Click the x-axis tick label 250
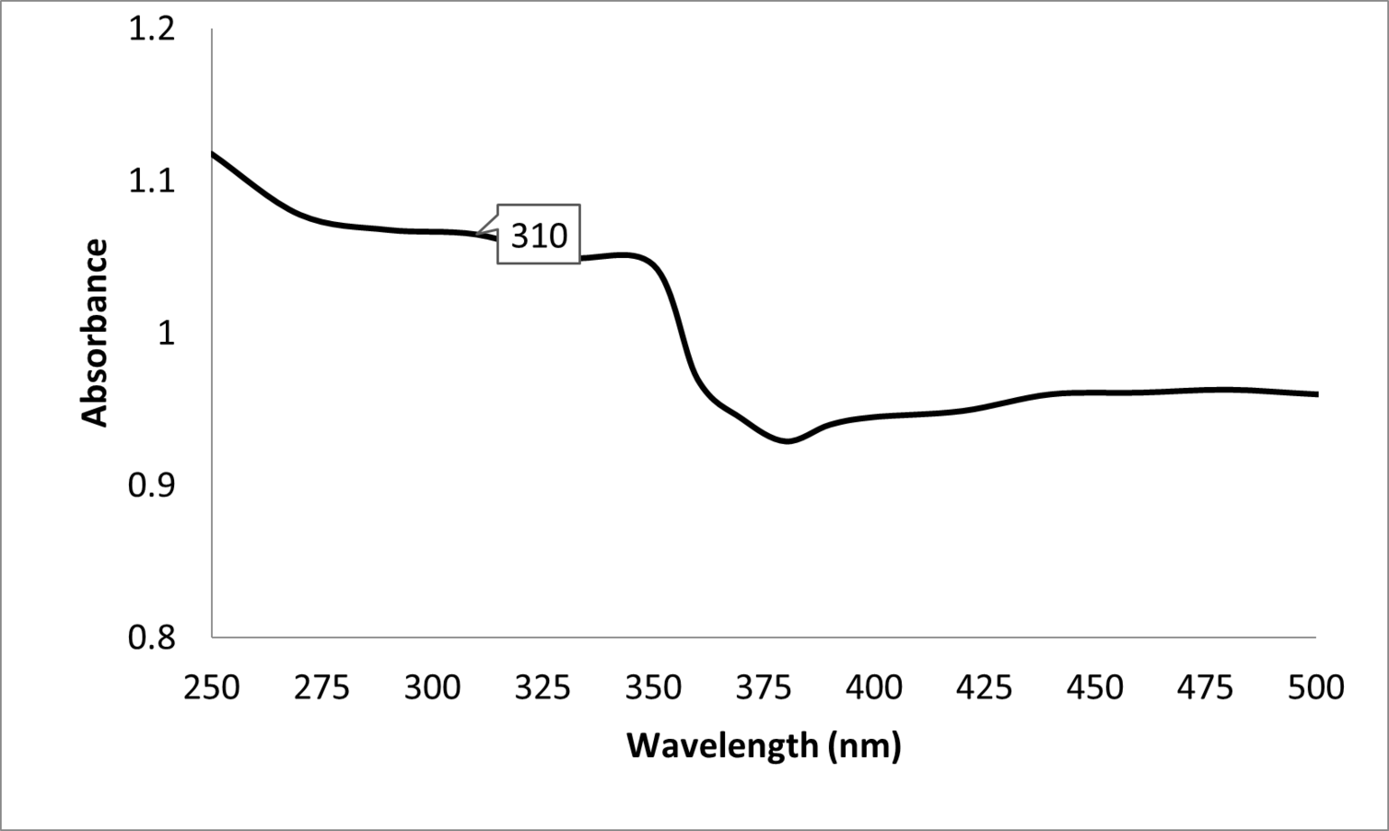click(x=212, y=687)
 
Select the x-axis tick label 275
click(x=322, y=687)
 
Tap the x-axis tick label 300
click(x=433, y=687)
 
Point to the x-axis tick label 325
click(x=543, y=687)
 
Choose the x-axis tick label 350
click(x=654, y=687)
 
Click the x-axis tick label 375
click(x=765, y=687)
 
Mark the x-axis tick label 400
click(x=875, y=687)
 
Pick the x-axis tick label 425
click(x=986, y=687)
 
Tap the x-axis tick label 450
click(x=1096, y=687)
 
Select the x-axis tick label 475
click(x=1207, y=687)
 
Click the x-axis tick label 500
click(x=1316, y=687)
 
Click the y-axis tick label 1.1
click(x=151, y=181)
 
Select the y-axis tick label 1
click(x=166, y=334)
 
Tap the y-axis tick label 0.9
click(x=151, y=485)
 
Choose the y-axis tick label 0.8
click(x=151, y=637)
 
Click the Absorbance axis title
click(x=95, y=333)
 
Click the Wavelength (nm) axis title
click(x=764, y=744)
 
